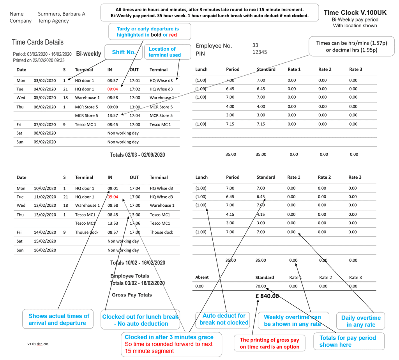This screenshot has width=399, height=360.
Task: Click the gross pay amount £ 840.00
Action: coord(267,296)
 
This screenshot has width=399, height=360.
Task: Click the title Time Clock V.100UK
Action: coord(355,12)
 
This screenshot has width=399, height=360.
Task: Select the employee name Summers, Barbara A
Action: coord(61,14)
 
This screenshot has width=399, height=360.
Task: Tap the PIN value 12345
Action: coord(260,52)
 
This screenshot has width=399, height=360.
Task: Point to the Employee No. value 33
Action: coord(255,45)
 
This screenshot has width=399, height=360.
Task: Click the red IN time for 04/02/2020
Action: coord(113,89)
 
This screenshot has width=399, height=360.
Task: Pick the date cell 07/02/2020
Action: coord(45,124)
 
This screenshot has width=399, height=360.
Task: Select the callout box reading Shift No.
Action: coord(124,52)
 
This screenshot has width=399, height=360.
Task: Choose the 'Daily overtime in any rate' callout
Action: coord(361,321)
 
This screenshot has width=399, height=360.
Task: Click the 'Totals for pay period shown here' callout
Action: coord(348,341)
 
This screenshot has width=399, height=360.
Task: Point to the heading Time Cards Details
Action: coord(37,42)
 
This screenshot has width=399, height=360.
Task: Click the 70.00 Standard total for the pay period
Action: coord(261,286)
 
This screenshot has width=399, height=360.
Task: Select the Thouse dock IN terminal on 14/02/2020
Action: coord(85,232)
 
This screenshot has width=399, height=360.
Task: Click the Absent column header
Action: coord(202,277)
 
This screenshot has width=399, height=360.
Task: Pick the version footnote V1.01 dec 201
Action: coord(38,344)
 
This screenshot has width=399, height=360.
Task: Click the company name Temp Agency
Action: coord(53,21)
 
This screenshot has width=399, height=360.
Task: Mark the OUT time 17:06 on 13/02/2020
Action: coord(135,223)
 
